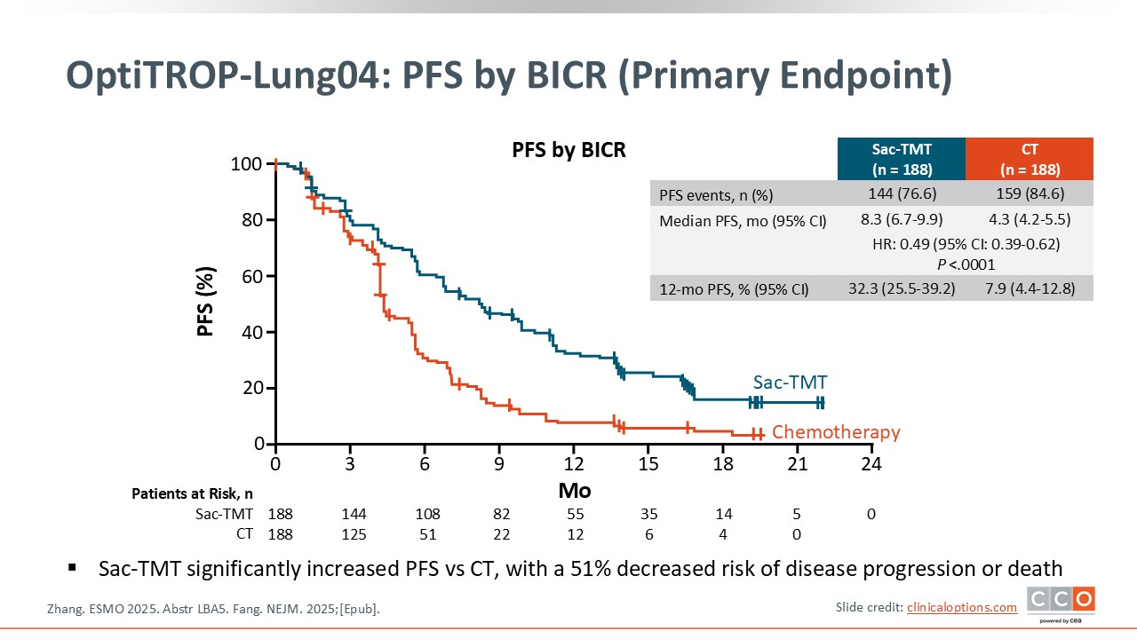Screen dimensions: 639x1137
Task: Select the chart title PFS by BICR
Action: [x=568, y=150]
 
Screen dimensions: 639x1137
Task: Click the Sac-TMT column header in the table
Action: [x=900, y=159]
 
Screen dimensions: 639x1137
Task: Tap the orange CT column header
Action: [x=1030, y=159]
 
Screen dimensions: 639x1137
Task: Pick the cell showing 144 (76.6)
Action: [x=900, y=193]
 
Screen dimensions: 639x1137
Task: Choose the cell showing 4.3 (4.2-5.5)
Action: [x=1030, y=220]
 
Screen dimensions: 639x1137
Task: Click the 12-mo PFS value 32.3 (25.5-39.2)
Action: [x=900, y=288]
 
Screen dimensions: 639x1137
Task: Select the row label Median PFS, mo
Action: [x=743, y=221]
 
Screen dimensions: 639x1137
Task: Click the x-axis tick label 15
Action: [x=648, y=463]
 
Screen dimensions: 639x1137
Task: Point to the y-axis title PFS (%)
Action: [x=206, y=304]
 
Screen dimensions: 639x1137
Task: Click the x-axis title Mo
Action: [x=574, y=491]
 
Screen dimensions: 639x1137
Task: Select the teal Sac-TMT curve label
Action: [x=790, y=383]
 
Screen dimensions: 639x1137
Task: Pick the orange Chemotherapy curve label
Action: [x=836, y=432]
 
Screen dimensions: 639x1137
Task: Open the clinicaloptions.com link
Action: [x=961, y=607]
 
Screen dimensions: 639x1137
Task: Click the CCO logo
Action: [x=1061, y=603]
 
